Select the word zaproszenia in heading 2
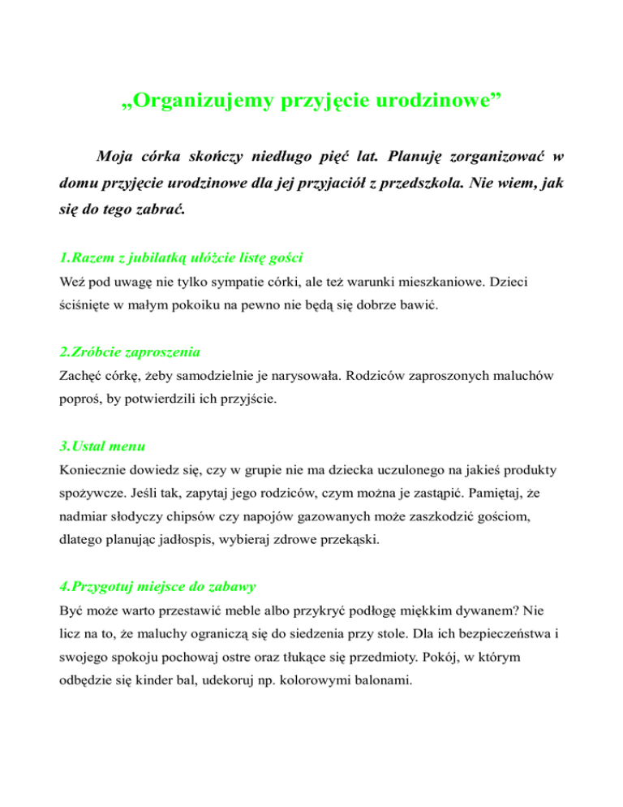pyautogui.click(x=156, y=352)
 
